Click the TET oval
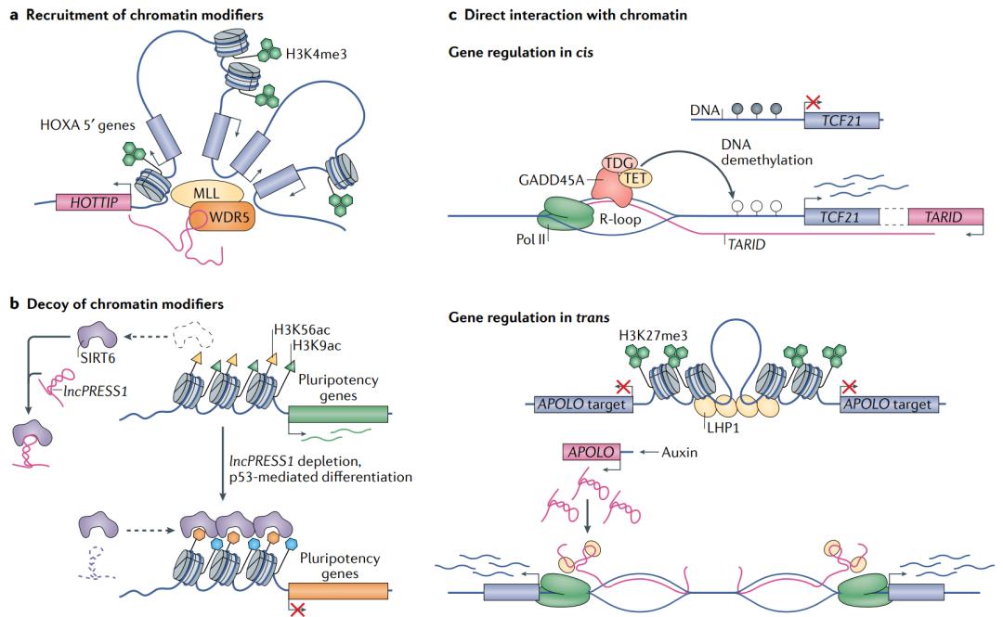(x=637, y=176)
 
